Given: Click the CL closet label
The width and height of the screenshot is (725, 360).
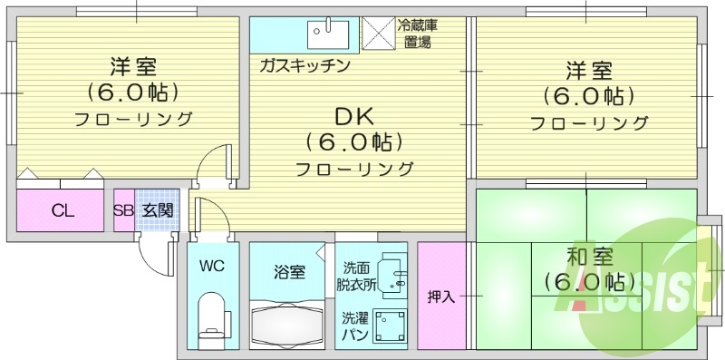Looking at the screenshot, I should (62, 211).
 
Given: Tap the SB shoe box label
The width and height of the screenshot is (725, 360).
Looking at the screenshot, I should (123, 211).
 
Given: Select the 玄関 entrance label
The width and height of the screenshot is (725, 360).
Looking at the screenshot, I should (157, 211).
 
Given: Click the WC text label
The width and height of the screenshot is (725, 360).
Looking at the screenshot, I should (212, 268).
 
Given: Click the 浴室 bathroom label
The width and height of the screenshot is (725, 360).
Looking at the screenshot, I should (289, 270).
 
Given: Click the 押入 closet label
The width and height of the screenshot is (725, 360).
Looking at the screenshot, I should (441, 297).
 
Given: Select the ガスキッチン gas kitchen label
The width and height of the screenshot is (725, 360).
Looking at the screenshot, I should (304, 66).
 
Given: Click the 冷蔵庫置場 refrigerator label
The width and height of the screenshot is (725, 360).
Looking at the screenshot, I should (417, 34).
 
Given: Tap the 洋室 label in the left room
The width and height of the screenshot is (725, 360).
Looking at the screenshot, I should (133, 66).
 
